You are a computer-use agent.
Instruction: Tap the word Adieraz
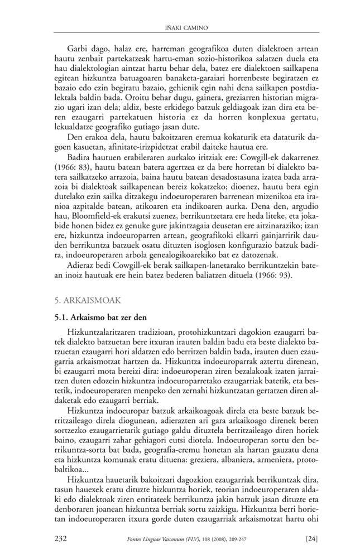81,266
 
